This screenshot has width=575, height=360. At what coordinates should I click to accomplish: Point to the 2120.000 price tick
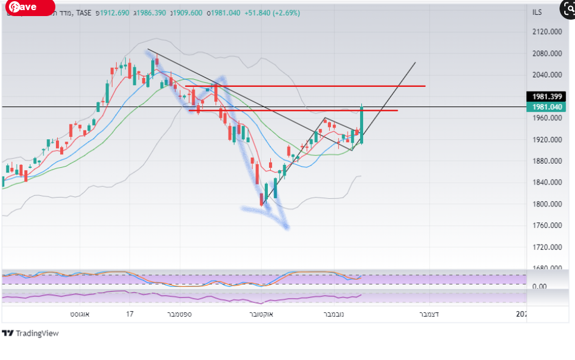click(547, 32)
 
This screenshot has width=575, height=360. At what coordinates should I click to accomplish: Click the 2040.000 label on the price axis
click(547, 75)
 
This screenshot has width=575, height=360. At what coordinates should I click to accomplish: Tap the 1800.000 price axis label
click(547, 204)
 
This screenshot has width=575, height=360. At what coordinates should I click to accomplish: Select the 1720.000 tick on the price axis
click(547, 247)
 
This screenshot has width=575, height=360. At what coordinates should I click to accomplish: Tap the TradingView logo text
click(37, 333)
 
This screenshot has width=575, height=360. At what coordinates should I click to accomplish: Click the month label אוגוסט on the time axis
click(80, 314)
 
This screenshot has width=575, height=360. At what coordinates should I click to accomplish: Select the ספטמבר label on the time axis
click(179, 314)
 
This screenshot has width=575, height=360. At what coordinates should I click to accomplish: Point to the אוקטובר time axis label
click(261, 314)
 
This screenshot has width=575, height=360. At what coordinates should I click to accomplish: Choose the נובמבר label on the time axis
click(337, 314)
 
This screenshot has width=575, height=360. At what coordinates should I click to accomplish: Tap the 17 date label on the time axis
click(130, 314)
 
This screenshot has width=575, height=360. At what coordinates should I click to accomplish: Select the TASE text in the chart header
click(83, 12)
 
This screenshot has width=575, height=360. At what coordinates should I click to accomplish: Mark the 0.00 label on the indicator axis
click(539, 286)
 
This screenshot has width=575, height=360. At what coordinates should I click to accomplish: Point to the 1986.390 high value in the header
click(146, 12)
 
